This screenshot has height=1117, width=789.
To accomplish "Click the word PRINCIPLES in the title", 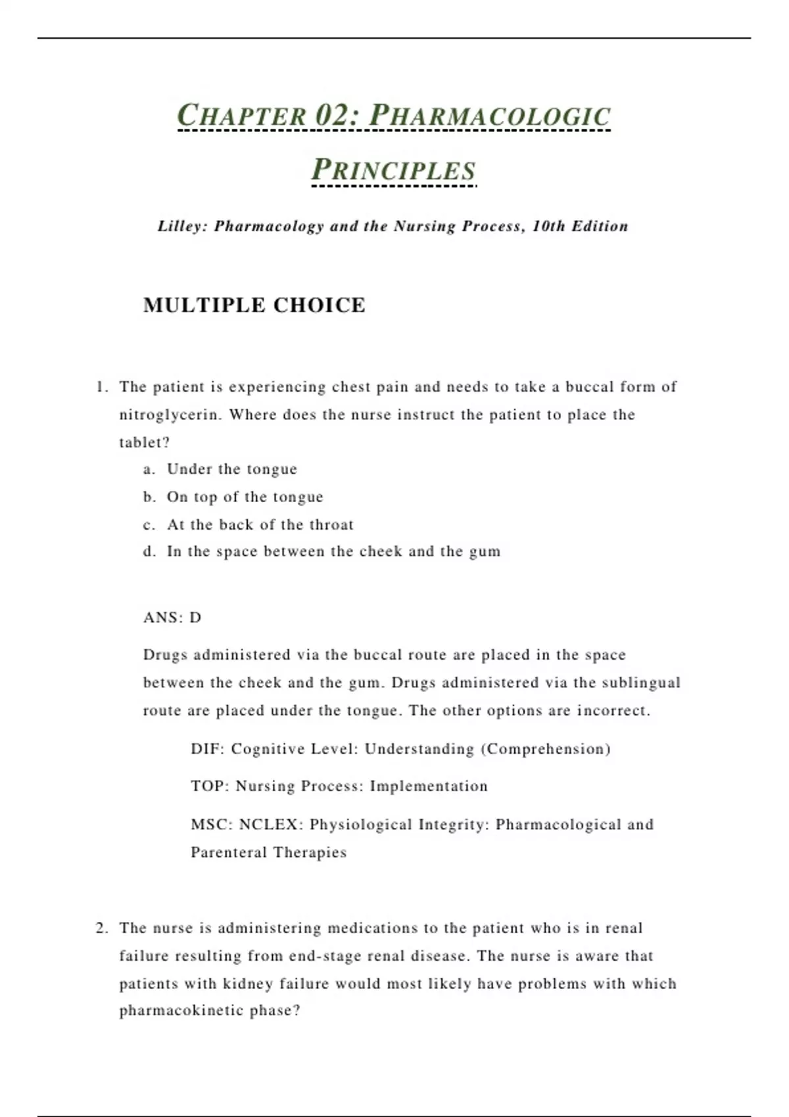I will [x=393, y=170].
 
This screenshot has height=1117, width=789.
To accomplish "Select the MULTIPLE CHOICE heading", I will [x=254, y=306].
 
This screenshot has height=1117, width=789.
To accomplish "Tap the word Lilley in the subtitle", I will [x=182, y=226].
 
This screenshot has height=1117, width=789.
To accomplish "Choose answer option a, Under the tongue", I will [x=231, y=469].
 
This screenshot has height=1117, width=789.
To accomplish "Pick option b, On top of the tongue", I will [x=245, y=497].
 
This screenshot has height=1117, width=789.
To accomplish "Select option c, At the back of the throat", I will [x=260, y=524].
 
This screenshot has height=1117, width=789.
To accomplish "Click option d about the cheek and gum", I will [x=333, y=551].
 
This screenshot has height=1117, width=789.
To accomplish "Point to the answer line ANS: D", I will [x=172, y=618].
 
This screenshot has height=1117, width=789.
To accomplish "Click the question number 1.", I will [x=101, y=387].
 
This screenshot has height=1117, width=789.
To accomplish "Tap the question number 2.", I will [x=101, y=928].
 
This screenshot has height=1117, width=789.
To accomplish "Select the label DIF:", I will [x=207, y=749].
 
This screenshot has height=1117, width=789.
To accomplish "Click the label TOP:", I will [x=209, y=786].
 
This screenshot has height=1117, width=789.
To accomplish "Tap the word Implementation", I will [x=429, y=786].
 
